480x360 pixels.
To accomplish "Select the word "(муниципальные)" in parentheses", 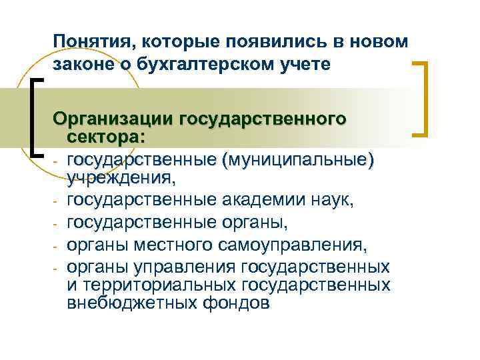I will [x=298, y=161].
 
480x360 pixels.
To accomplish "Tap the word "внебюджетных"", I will [x=127, y=303].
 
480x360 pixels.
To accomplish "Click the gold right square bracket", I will [x=421, y=98].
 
